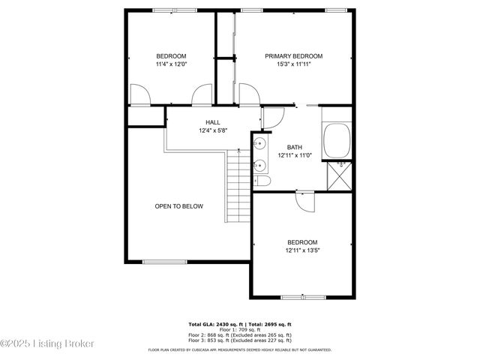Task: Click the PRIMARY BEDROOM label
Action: tap(293, 56)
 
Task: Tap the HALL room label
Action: tap(212, 122)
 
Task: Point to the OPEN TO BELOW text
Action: tap(178, 206)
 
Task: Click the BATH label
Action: tap(294, 148)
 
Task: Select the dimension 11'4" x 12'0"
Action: tap(171, 64)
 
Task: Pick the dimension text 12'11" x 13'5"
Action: tap(302, 250)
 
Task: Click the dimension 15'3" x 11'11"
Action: tap(293, 64)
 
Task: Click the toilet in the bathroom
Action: tap(262, 181)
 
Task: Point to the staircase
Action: tap(237, 184)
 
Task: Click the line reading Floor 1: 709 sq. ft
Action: tap(240, 329)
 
